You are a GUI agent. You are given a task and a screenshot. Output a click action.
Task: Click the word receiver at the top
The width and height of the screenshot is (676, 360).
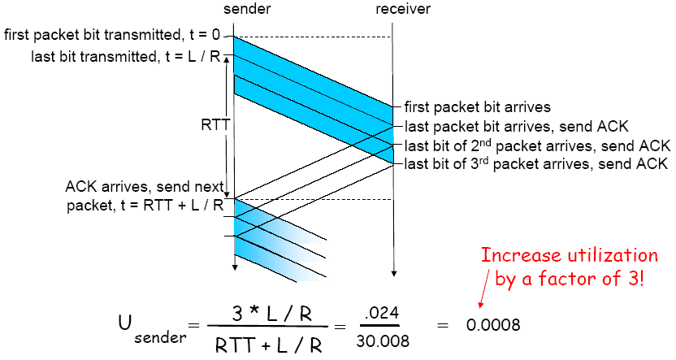point(403,10)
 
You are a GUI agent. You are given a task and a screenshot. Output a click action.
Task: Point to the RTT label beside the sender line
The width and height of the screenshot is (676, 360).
point(215,127)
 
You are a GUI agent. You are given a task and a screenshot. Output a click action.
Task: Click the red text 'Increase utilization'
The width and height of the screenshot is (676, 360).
point(569,255)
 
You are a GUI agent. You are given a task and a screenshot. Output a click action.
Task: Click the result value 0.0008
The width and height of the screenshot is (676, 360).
point(493,324)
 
